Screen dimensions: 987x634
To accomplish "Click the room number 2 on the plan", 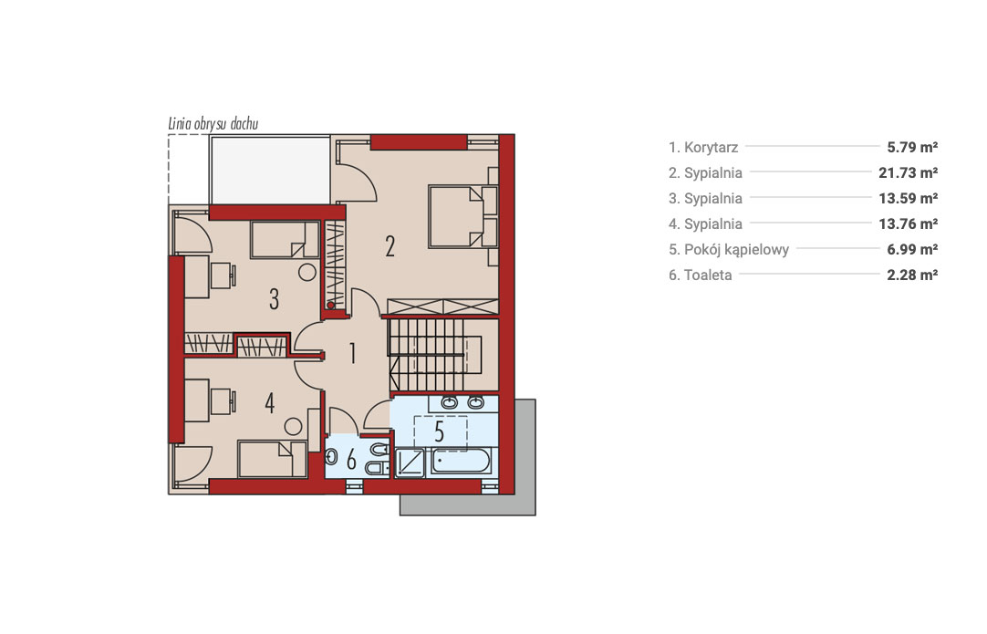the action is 390,247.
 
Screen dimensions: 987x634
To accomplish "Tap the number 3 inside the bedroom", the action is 274,299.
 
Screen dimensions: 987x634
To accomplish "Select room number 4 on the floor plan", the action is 269,403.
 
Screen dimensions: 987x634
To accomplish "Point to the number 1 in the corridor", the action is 352,353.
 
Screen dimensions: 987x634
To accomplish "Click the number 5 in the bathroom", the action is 440,431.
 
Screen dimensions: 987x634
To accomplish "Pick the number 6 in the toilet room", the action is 351,460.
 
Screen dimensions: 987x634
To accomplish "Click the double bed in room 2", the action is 463,216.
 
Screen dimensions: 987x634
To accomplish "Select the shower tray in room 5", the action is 410,463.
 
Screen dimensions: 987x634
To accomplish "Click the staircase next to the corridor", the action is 427,355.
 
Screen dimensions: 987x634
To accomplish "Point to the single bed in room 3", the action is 285,239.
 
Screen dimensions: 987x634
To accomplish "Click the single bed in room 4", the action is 272,459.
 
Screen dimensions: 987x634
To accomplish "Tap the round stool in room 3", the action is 307,273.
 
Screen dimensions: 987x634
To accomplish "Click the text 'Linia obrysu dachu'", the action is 213,123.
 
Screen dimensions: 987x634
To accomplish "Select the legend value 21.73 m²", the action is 909,172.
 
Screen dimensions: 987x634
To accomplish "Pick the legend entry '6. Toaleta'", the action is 700,275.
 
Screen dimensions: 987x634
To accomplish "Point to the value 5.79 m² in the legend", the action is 912,147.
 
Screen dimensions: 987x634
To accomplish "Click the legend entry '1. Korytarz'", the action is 703,147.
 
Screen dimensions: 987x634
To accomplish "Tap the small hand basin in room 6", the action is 332,457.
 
